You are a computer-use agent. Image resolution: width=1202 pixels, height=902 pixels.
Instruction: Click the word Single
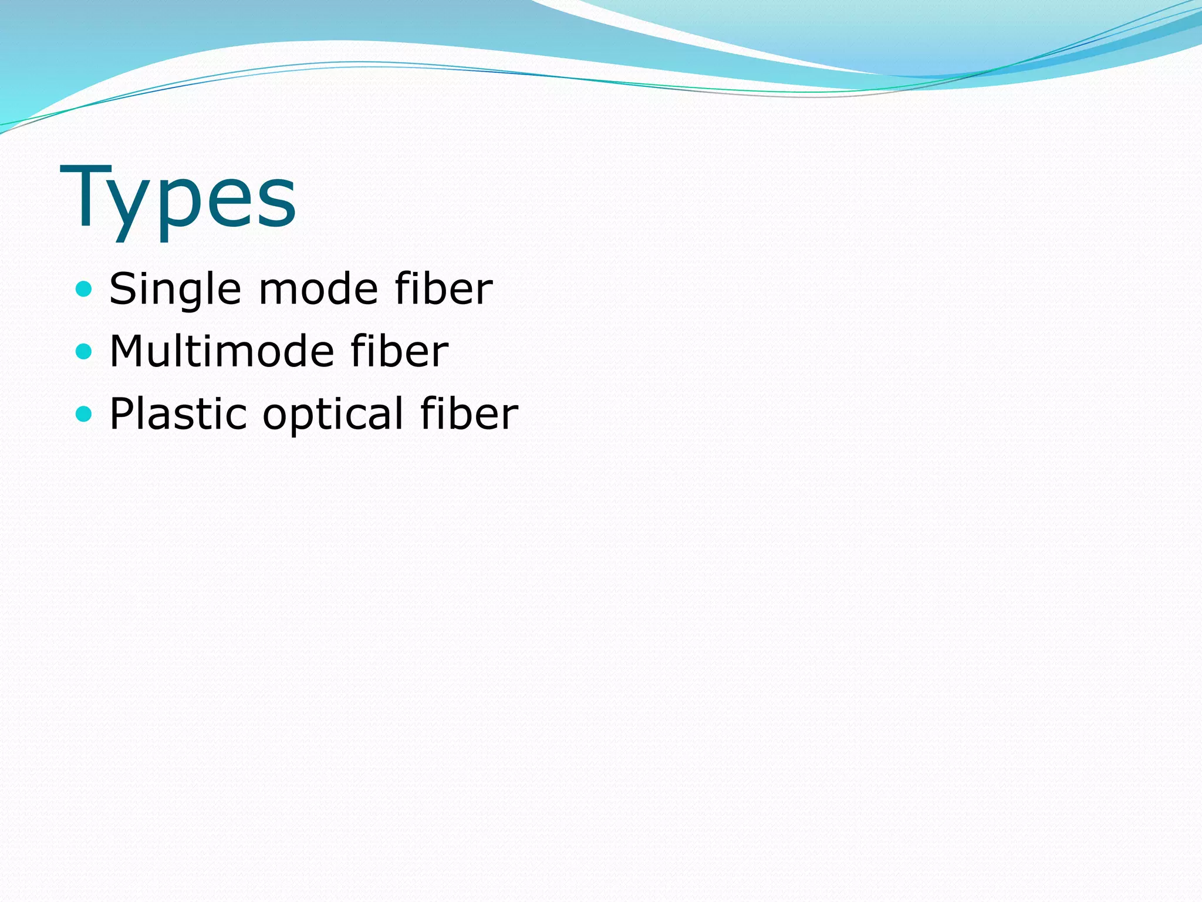pos(174,289)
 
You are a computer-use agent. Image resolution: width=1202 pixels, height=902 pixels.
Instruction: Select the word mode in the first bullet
pos(318,289)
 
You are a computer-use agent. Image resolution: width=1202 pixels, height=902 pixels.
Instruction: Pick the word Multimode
pos(221,351)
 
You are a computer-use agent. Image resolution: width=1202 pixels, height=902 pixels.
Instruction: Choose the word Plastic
pos(178,413)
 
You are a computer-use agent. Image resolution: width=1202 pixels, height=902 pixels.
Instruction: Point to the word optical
pos(333,415)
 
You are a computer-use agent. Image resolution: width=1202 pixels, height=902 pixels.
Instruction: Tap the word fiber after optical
pos(469,413)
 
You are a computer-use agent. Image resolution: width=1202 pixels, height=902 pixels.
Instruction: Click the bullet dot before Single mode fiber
pos(85,289)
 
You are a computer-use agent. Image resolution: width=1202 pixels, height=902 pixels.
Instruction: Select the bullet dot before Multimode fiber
pos(85,351)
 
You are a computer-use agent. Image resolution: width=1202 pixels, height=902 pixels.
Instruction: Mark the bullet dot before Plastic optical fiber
pos(85,414)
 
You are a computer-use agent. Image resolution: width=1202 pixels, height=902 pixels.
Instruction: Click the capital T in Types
pos(86,196)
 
